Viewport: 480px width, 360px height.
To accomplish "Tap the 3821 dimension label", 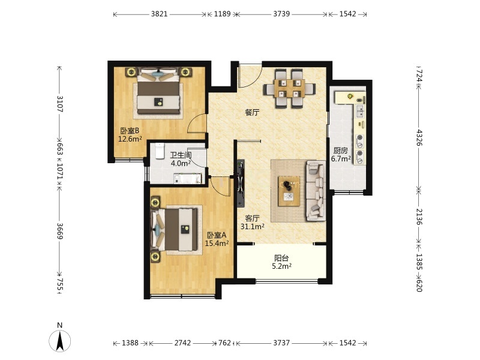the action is click(159, 14).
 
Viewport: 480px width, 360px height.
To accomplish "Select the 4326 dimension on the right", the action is click(419, 138).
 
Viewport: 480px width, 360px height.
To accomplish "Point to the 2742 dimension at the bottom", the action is click(183, 343).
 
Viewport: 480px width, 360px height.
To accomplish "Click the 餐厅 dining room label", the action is click(252, 112).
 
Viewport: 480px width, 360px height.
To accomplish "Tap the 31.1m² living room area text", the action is click(252, 227).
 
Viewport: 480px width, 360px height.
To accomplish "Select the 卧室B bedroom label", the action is click(130, 131).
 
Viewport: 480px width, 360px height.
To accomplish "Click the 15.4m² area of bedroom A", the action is click(217, 244).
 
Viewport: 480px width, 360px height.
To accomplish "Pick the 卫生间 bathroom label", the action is click(181, 155).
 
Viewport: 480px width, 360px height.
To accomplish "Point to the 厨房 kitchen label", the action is click(341, 151).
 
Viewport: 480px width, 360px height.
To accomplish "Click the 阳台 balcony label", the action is click(281, 258).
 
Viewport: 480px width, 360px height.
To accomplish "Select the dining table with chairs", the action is click(290, 88).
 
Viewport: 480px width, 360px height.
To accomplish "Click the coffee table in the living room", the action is click(289, 191).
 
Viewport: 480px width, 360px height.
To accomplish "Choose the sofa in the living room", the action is click(316, 190).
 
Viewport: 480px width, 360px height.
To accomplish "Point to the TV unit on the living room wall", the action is click(241, 183).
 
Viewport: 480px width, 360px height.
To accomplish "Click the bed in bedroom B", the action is click(158, 91).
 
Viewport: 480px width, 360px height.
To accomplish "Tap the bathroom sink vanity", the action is click(187, 179).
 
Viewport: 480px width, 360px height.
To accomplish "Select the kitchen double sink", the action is click(360, 112).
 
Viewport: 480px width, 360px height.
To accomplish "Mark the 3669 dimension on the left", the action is click(60, 231).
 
